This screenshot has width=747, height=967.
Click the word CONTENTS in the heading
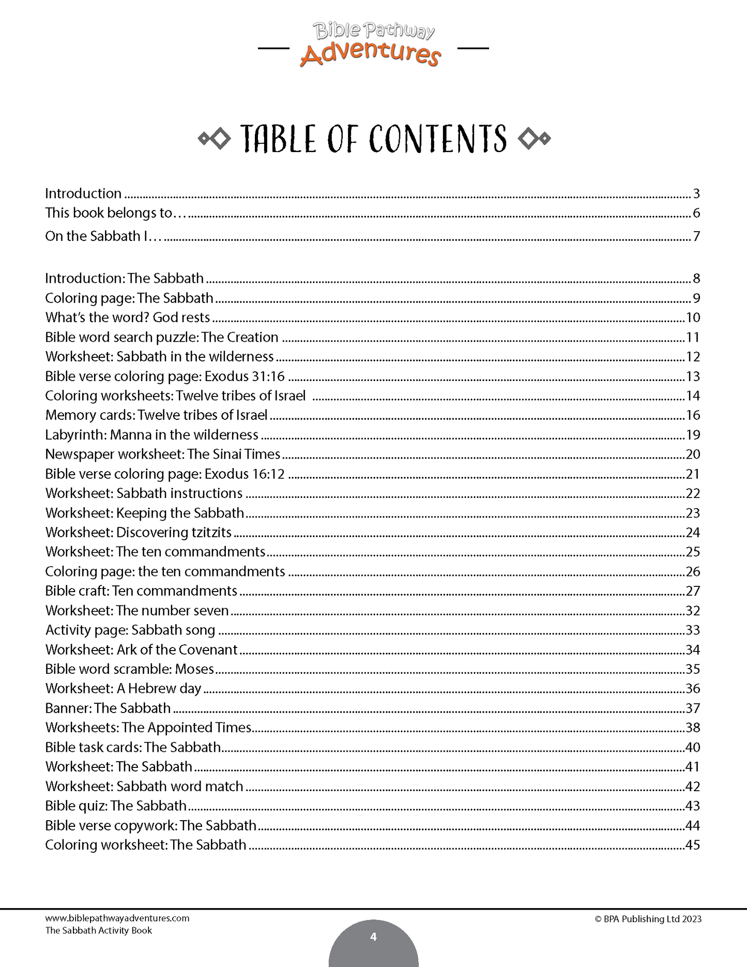438,140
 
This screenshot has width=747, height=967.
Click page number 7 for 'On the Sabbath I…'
696,236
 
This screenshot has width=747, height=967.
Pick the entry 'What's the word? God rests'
128,318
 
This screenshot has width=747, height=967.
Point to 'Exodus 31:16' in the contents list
245,376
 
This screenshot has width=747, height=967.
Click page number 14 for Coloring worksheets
692,396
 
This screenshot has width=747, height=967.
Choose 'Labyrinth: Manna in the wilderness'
151,435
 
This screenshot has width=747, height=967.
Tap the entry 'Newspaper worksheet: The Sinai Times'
162,455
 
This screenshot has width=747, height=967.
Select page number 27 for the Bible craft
692,591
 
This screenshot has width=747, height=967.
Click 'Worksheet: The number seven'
137,611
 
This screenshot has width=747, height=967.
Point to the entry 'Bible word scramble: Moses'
129,669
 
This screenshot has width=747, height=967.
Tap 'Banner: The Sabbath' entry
108,708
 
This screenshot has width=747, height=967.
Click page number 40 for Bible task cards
692,747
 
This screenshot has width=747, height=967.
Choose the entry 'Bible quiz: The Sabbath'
116,806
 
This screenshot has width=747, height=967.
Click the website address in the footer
117,918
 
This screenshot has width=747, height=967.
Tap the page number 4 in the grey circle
373,937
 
